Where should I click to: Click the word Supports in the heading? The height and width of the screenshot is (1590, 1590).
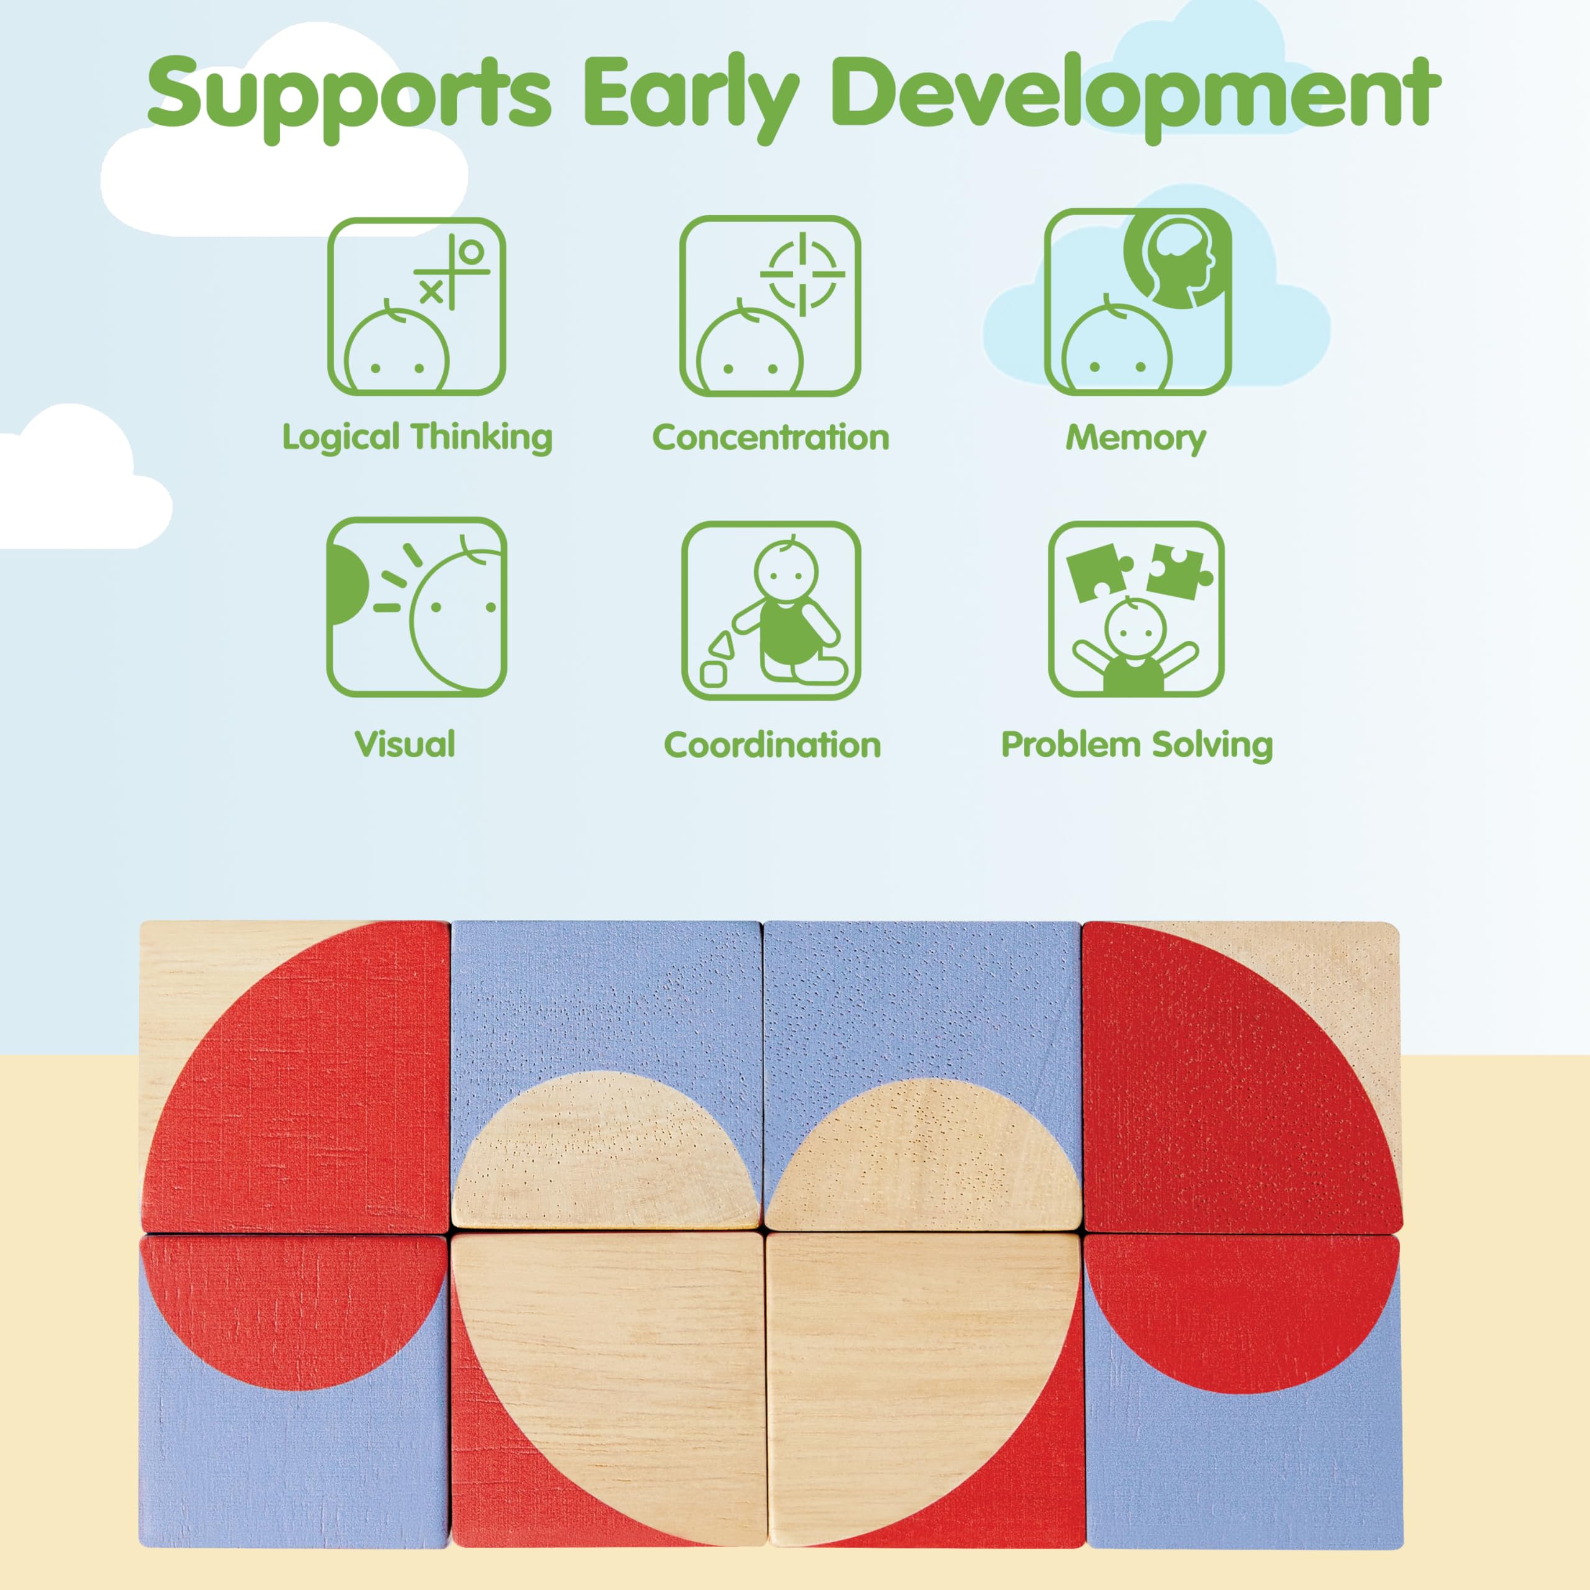click(x=349, y=97)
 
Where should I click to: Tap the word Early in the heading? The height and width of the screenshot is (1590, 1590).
click(x=691, y=97)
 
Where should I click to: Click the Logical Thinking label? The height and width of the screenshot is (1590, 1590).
click(x=417, y=437)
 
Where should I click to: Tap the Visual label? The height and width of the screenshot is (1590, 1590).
click(x=405, y=744)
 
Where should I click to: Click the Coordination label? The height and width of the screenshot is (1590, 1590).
click(x=772, y=745)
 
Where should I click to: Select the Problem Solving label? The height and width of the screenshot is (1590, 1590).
click(x=1137, y=745)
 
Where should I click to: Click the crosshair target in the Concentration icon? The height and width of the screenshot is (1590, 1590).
click(x=802, y=274)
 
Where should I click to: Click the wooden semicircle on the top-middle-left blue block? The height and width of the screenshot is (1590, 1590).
click(x=607, y=1152)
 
